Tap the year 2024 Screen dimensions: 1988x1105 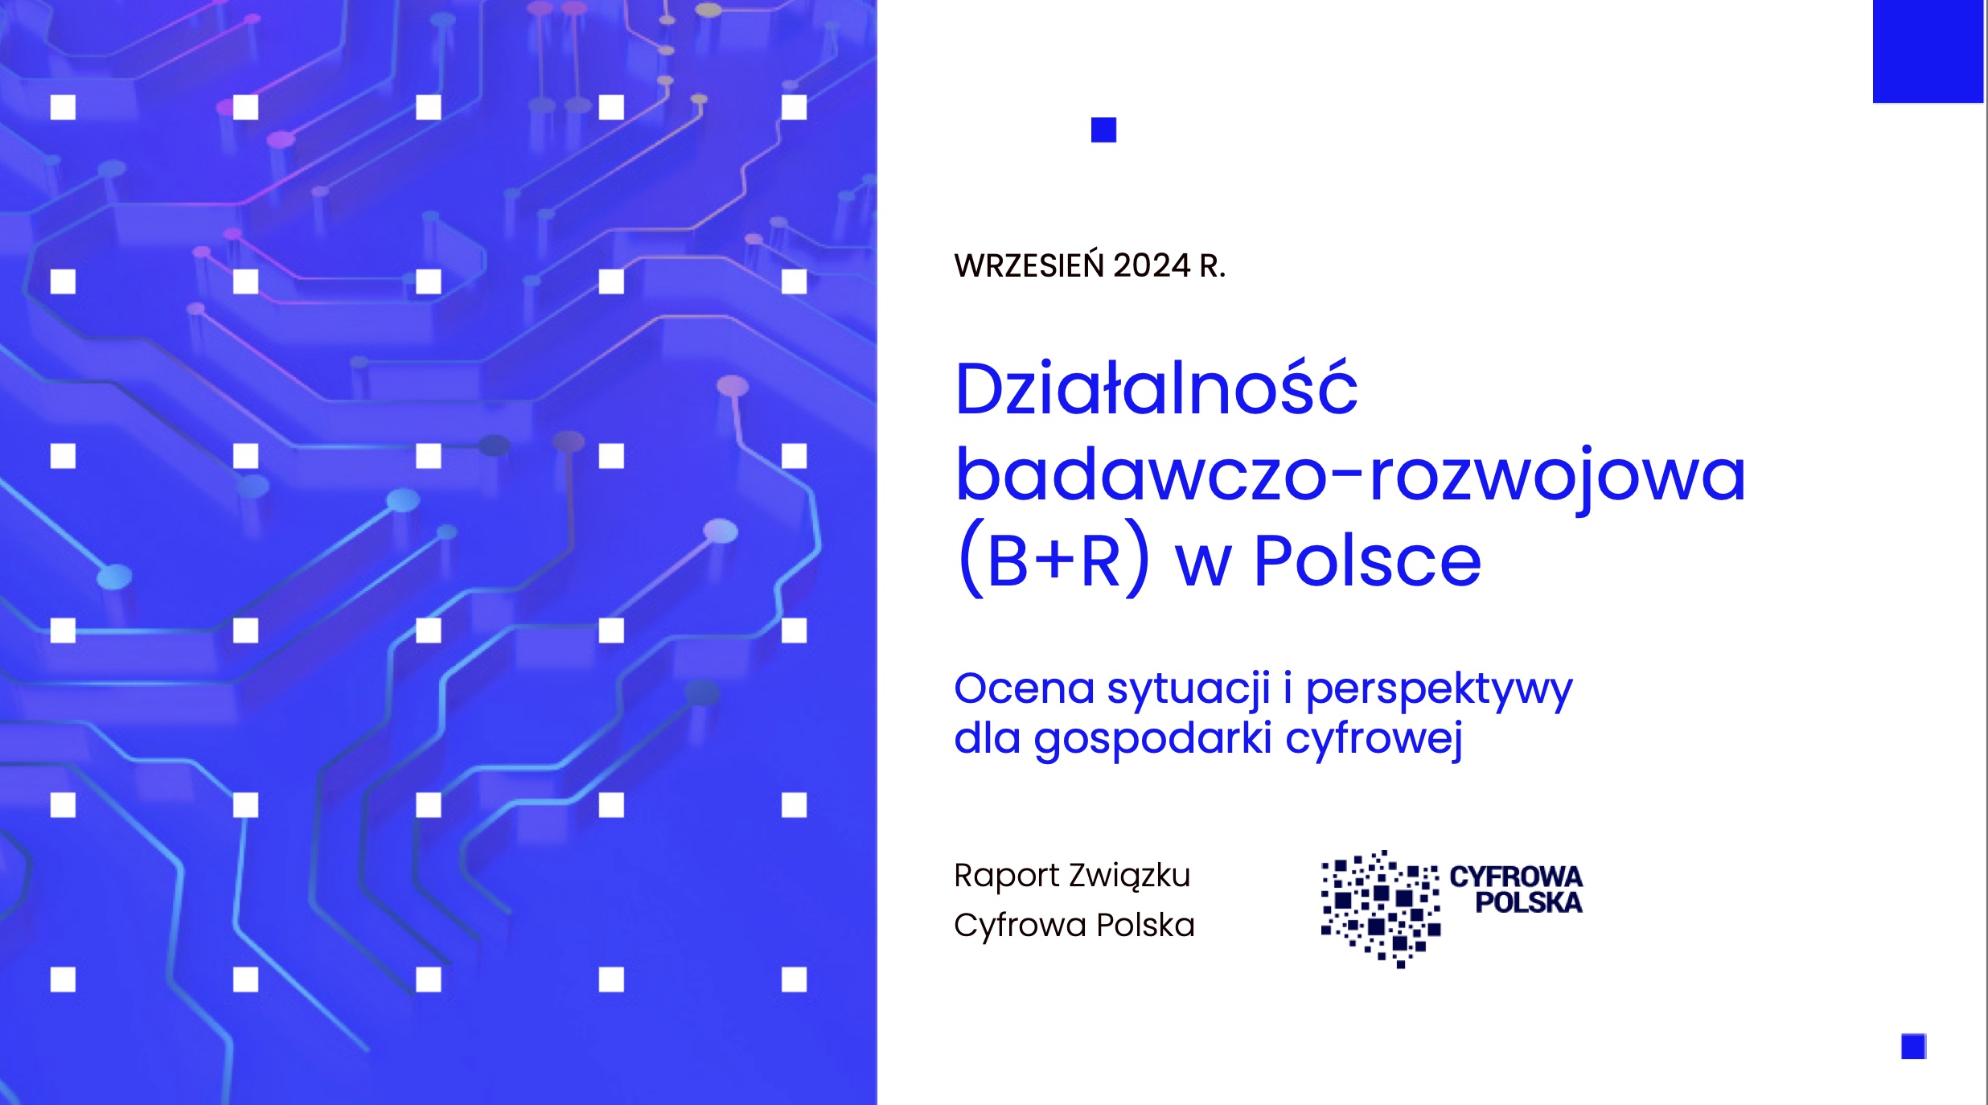tap(1152, 265)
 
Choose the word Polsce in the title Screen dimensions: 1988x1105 tap(1367, 561)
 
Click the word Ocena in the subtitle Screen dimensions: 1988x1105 tap(1025, 688)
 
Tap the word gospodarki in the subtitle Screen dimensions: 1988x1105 tap(1153, 738)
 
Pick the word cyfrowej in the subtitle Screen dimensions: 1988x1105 tap(1374, 738)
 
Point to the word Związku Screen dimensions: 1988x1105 tap(1130, 876)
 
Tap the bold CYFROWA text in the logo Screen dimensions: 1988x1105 tap(1516, 877)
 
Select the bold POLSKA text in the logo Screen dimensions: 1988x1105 tap(1529, 903)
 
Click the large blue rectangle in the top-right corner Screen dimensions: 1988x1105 tap(1928, 51)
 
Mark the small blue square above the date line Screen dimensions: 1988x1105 tap(1103, 130)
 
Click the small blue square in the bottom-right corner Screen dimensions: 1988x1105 tap(1913, 1047)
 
